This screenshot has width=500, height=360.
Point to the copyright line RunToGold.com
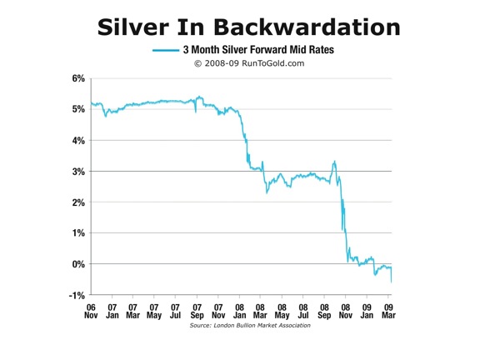point(249,62)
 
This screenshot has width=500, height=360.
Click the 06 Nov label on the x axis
point(91,311)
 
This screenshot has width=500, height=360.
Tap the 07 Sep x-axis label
point(197,311)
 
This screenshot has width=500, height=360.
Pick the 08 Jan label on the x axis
point(240,311)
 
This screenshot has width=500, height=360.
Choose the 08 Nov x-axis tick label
point(346,311)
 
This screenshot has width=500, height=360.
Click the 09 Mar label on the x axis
point(388,311)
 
